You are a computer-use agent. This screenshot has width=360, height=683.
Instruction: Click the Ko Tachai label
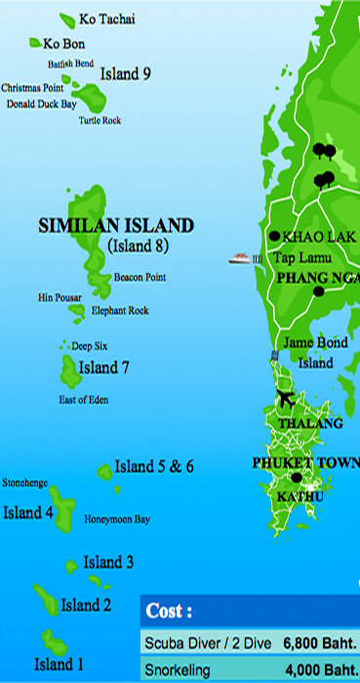click(x=107, y=20)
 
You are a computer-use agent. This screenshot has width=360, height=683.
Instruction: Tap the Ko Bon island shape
click(x=35, y=42)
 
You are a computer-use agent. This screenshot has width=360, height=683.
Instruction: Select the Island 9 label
click(x=126, y=73)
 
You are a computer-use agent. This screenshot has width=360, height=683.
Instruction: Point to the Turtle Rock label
click(x=100, y=121)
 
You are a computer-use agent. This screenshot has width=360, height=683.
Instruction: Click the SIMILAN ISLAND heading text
click(x=115, y=225)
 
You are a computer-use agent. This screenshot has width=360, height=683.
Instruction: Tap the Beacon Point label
click(x=140, y=277)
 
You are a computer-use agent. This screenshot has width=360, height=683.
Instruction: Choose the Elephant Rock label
click(x=120, y=311)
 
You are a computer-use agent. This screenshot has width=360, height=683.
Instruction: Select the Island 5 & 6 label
click(x=154, y=466)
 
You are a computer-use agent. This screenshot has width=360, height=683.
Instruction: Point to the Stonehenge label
click(x=25, y=483)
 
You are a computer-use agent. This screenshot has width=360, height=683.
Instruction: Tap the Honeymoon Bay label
click(x=117, y=519)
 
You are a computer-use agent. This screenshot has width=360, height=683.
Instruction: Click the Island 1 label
click(x=59, y=664)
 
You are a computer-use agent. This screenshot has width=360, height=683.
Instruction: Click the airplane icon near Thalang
click(x=286, y=400)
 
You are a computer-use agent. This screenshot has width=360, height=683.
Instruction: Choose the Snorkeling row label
click(x=180, y=670)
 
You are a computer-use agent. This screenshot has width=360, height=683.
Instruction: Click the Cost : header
click(x=169, y=612)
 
